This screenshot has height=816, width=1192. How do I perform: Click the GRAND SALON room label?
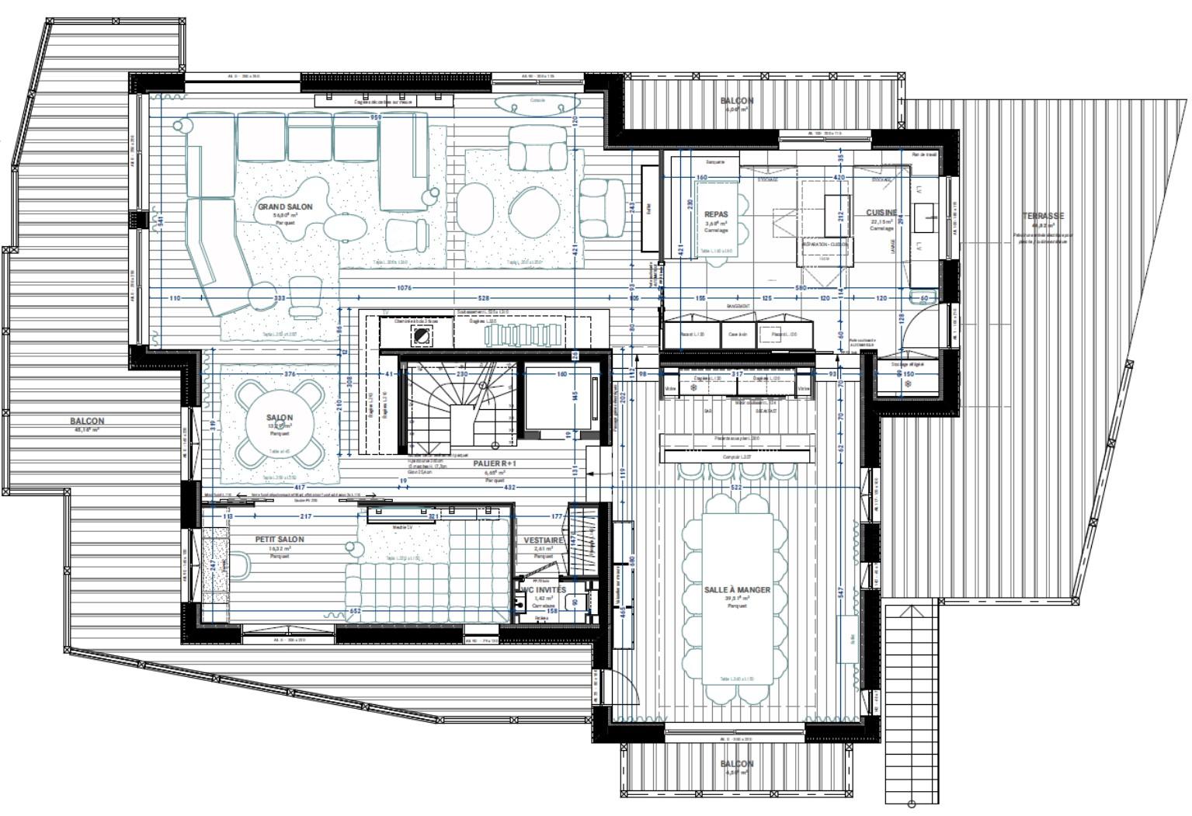(x=285, y=207)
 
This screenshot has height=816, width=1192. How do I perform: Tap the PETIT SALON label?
(x=280, y=539)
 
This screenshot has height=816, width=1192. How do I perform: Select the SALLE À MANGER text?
(x=737, y=590)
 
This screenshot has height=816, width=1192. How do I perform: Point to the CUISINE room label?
(x=881, y=213)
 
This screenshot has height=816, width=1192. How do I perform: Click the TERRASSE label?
(x=1043, y=216)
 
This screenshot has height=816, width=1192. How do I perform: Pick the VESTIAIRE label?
(x=544, y=540)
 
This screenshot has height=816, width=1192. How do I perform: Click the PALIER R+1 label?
(x=495, y=464)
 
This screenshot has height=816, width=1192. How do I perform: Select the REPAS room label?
(x=716, y=214)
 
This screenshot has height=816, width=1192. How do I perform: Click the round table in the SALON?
(x=280, y=425)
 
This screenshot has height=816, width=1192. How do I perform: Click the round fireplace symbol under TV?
(x=422, y=336)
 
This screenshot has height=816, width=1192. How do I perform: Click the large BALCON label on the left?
(x=89, y=422)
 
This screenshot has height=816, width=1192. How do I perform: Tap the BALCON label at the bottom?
(x=736, y=764)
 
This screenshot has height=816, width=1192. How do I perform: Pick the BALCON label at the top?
(x=736, y=101)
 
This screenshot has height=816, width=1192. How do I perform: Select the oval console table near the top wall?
(x=537, y=103)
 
